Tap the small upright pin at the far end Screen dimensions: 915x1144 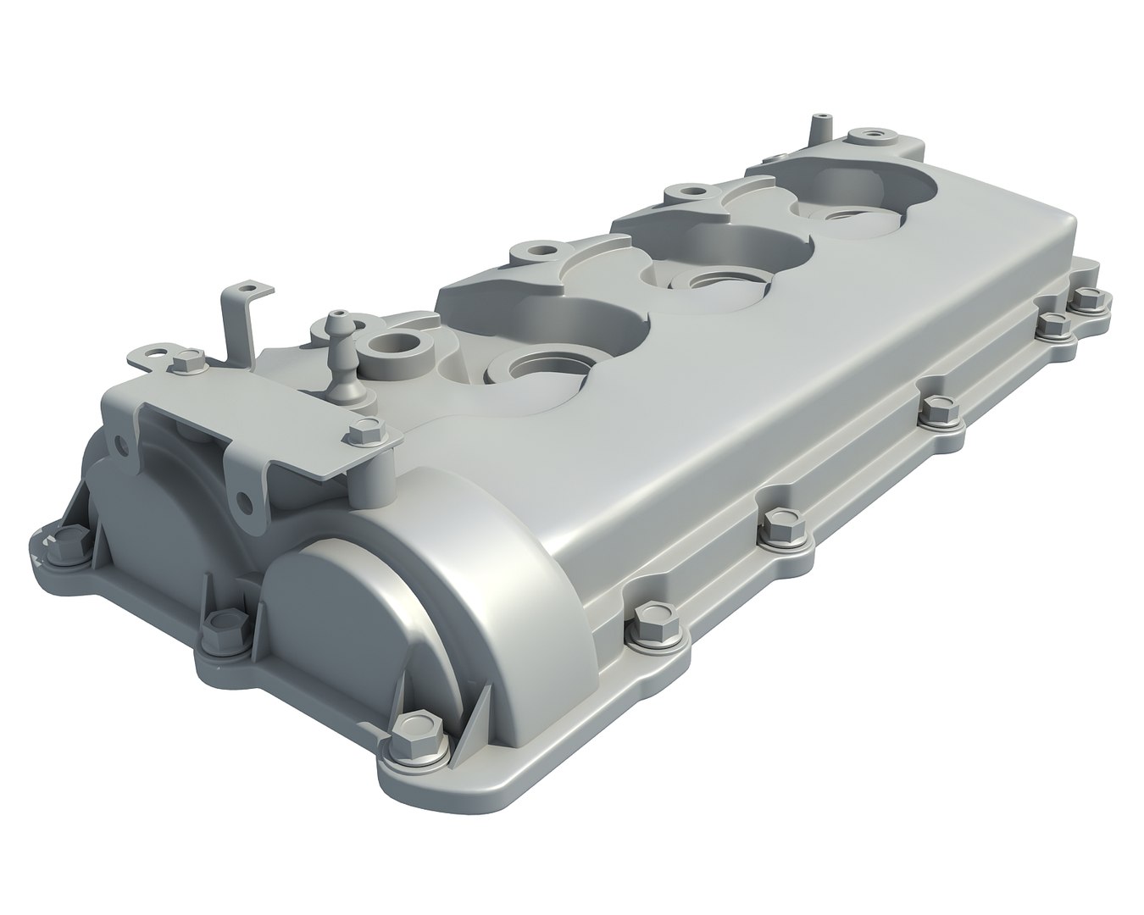tap(819, 126)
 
